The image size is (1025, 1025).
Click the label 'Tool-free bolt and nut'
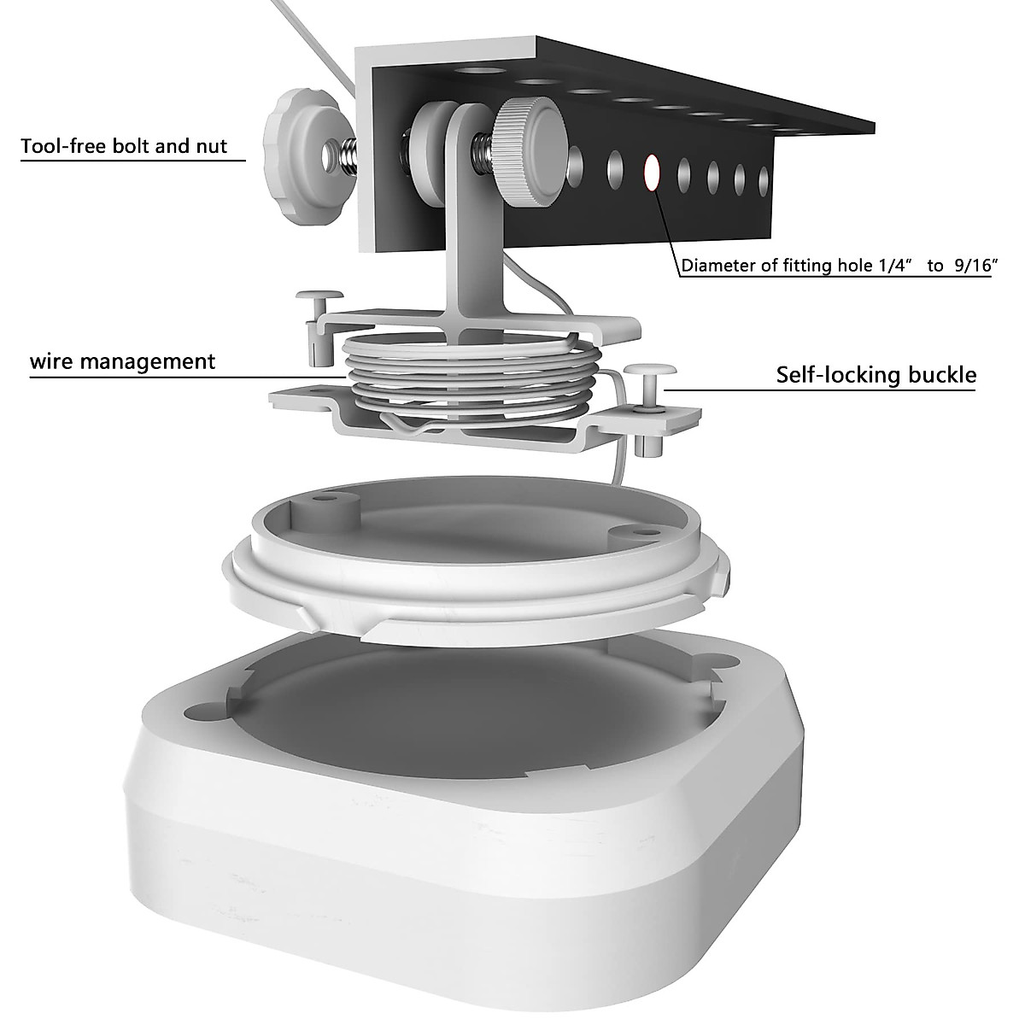[x=124, y=146]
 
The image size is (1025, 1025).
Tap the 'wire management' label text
[x=123, y=361]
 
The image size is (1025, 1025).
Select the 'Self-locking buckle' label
[x=876, y=374]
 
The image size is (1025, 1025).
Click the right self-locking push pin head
[x=650, y=372]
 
